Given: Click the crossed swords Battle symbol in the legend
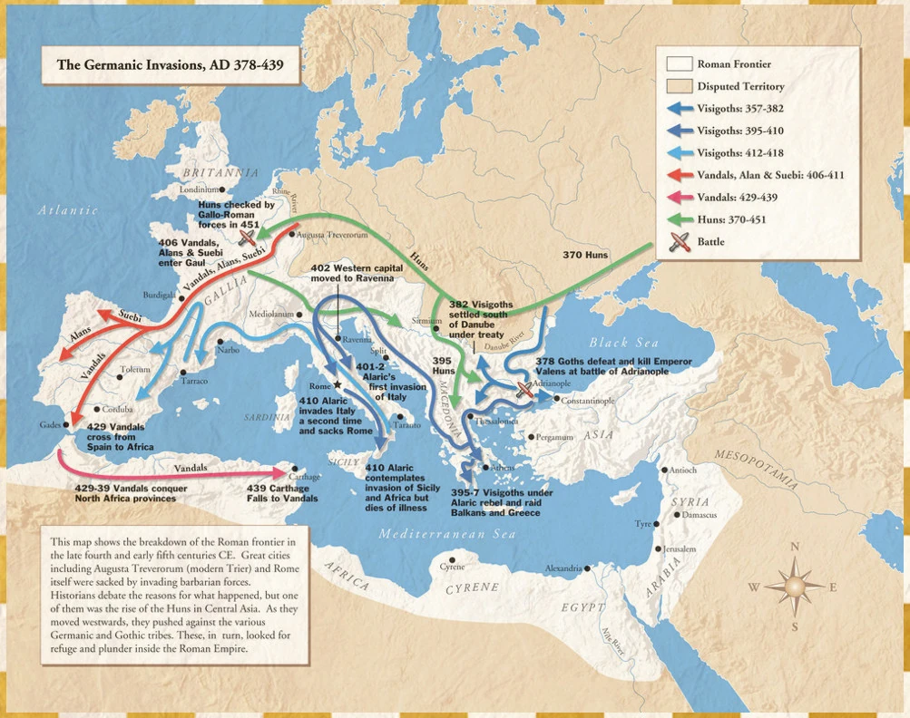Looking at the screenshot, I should pos(680,242).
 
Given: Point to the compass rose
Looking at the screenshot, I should pos(795,586).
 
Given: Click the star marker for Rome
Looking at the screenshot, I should pos(338,385).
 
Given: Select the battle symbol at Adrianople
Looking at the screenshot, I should pos(523,391).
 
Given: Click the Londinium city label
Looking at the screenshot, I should pos(199,189).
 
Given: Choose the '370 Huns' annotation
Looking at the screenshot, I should pos(585,256).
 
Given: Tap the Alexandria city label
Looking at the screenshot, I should pos(563,568).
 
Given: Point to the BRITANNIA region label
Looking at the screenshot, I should pos(220,172).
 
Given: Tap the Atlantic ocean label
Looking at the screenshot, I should pos(67,210).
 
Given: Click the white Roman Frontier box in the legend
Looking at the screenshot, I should pos(680,64).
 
